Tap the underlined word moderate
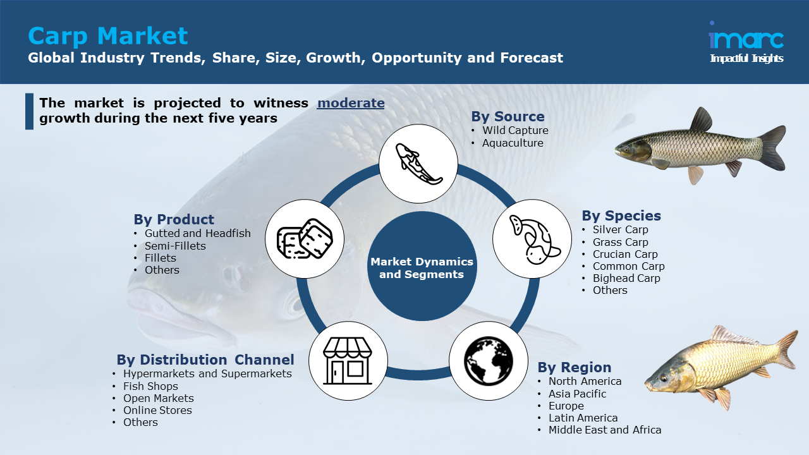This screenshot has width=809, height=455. tap(351, 103)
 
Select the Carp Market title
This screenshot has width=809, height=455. tap(107, 36)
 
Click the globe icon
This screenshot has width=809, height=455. tap(489, 361)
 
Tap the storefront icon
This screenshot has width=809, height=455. tap(348, 361)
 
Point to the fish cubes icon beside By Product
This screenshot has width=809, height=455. tap(305, 239)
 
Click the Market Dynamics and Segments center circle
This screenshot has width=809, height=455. tap(422, 267)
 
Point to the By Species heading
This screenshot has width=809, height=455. tap(621, 215)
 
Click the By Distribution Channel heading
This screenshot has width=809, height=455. tap(205, 360)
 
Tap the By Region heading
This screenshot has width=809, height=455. tap(575, 367)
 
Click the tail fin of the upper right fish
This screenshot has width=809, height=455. tap(773, 148)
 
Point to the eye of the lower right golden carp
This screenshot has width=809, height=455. tap(664, 378)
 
